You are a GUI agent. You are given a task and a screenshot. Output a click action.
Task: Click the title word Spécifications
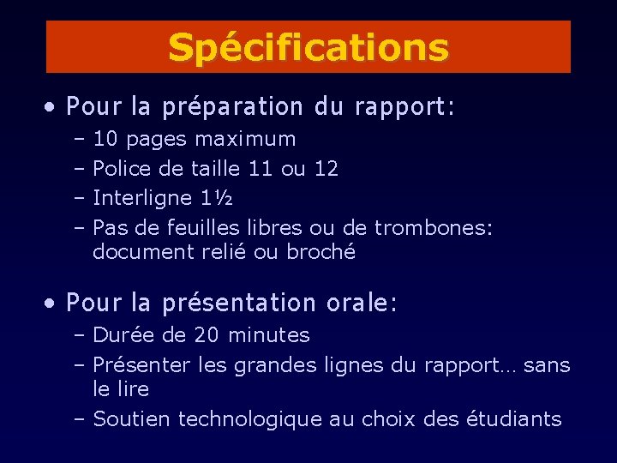[308, 48]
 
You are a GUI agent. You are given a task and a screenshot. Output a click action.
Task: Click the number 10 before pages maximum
[106, 139]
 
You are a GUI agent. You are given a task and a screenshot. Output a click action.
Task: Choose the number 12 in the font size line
[326, 169]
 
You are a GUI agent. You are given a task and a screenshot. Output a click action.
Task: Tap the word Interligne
[142, 198]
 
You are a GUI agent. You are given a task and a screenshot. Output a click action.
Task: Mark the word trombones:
[434, 228]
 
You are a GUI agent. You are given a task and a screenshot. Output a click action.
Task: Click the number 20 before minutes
[207, 334]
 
